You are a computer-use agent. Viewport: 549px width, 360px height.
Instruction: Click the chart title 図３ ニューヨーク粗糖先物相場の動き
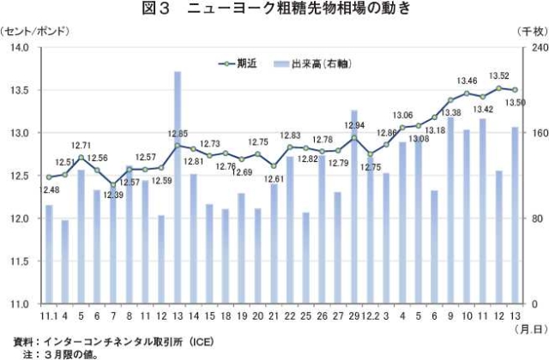coord(274,10)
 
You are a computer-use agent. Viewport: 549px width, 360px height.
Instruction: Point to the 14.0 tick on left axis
coord(18,47)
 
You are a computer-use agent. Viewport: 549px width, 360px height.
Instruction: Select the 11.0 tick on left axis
coord(18,304)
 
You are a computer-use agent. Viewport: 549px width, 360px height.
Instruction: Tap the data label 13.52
coord(498,76)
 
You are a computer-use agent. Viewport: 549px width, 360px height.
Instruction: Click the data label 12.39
coord(113,195)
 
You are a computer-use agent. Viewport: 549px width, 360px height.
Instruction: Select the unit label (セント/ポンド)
coord(35,31)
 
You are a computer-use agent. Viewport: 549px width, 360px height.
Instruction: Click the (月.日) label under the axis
coord(528,329)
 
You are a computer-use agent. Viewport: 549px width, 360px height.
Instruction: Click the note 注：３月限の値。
coord(60,352)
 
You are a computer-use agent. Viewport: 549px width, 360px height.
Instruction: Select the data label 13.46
coord(468,81)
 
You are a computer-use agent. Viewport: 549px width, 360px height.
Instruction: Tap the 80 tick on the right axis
coord(534,219)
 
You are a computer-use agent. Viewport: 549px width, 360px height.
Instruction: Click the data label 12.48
coord(49,189)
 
